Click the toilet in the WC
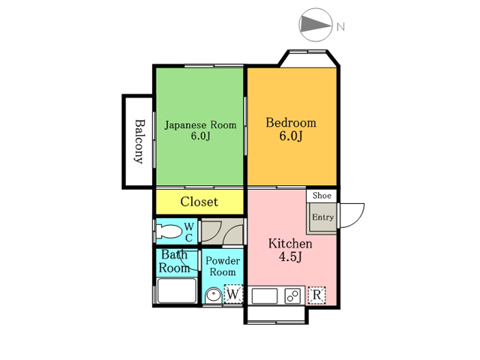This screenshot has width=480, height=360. coord(168,232)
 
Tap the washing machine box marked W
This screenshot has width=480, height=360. coord(233,295)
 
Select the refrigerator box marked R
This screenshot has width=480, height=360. coord(316,295)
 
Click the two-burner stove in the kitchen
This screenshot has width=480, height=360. coord(292,295)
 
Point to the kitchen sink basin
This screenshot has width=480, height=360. coord(265,296)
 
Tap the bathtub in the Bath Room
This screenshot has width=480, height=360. coord(177,290)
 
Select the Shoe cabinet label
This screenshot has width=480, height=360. coord(322,195)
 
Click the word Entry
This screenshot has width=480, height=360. coord(322,217)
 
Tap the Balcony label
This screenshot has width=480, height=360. coord(139,142)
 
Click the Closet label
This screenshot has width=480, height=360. coord(199,202)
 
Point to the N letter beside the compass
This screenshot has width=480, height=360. coord(340,27)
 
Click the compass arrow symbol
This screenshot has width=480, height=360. coord(316,25)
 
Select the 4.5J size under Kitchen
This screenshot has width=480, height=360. coord(290,257)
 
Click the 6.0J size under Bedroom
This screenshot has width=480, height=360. coord(290,136)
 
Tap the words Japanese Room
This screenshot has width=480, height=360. coord(200,125)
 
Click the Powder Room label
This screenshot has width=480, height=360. coord(223,266)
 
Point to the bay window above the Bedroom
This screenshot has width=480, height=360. coord(308,58)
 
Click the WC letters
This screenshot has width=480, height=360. coord(189,232)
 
